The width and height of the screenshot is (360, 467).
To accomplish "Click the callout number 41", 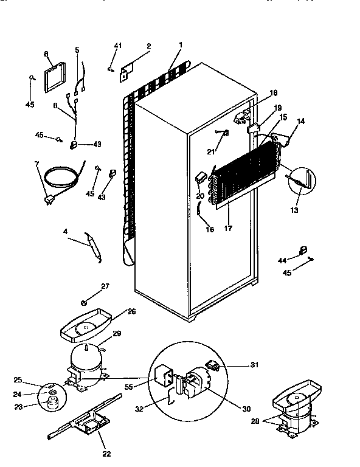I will (118, 46).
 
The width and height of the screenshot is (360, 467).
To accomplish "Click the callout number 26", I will (132, 311).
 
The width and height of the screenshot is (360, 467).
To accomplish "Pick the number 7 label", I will (36, 164).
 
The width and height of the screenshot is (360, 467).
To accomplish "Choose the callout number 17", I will (229, 230).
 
